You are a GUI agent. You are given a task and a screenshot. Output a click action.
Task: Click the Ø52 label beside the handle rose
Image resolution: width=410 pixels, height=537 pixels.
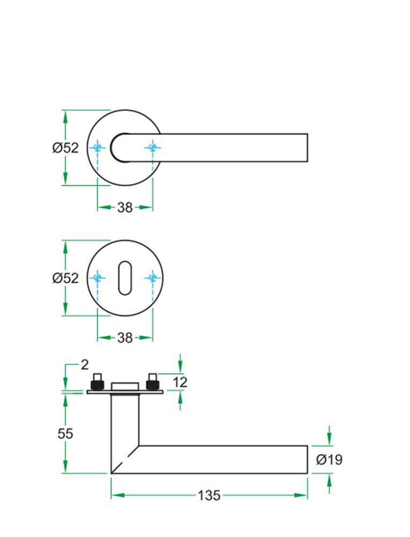click(x=66, y=148)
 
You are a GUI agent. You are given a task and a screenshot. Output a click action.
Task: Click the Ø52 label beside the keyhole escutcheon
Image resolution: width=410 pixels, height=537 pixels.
click(x=66, y=278)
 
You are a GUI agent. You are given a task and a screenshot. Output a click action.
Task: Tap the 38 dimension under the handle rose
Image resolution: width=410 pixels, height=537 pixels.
click(x=125, y=207)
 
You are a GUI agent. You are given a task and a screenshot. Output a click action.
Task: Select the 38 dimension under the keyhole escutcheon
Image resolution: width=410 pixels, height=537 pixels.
click(x=125, y=338)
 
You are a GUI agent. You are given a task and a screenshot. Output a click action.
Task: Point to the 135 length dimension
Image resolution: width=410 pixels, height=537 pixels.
click(x=209, y=495)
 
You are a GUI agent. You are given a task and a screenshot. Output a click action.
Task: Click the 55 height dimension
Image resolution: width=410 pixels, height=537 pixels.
click(x=65, y=433)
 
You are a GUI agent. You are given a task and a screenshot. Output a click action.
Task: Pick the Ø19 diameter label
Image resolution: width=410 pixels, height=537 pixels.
click(x=329, y=460)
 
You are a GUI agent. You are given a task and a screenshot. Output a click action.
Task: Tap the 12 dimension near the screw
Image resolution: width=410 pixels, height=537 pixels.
click(x=180, y=382)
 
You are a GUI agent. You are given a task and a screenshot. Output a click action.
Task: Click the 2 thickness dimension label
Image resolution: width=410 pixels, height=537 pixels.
click(x=85, y=365)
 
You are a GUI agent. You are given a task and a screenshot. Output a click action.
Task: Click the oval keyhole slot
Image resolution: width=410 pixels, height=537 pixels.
click(x=125, y=278)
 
